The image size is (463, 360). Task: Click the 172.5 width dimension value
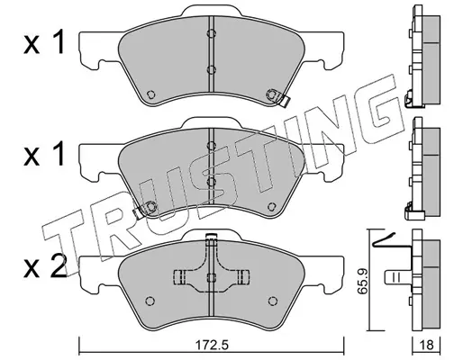[213, 346]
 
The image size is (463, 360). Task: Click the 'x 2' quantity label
[45, 267]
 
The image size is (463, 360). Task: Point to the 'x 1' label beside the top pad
[44, 43]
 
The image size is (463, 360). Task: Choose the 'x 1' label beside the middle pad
[44, 155]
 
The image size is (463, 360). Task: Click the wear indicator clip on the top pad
[278, 97]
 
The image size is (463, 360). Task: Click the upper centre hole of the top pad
[212, 33]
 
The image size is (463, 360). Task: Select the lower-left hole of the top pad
[150, 94]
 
